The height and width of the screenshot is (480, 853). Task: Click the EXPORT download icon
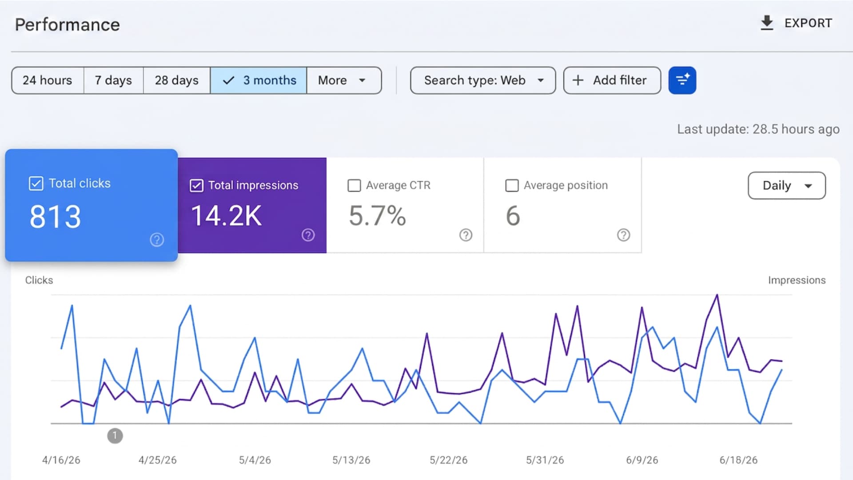click(x=767, y=23)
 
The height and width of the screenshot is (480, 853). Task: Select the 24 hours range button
click(x=48, y=80)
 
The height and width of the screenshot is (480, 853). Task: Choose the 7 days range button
click(x=113, y=80)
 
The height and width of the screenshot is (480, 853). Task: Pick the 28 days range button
click(x=176, y=80)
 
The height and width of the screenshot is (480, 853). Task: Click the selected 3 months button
click(x=259, y=80)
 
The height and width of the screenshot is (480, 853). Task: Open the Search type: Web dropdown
click(x=483, y=80)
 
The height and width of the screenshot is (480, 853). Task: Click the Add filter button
click(x=612, y=80)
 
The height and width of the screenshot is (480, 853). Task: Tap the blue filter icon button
click(x=682, y=80)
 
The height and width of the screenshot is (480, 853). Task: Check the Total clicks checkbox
click(x=36, y=184)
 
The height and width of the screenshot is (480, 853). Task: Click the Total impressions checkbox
click(x=196, y=185)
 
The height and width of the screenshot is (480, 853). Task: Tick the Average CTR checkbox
click(x=354, y=185)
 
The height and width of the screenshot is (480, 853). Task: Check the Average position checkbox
click(x=512, y=185)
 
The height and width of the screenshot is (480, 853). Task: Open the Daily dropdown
click(x=787, y=185)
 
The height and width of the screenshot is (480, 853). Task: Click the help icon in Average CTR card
click(x=466, y=235)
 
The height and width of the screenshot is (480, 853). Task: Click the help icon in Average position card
click(x=623, y=235)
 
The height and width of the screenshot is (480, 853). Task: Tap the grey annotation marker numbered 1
click(x=115, y=436)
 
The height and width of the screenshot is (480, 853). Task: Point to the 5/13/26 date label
click(x=351, y=460)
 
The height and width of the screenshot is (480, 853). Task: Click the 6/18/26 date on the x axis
click(x=738, y=460)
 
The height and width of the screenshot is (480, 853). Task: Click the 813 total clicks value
click(x=55, y=217)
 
